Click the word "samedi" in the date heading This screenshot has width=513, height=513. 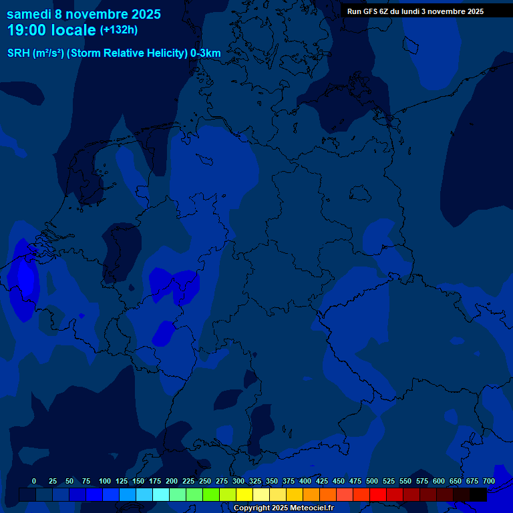[x=29, y=14]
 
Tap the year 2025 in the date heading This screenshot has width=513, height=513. [x=142, y=14]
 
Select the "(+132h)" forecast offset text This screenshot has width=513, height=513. [x=119, y=30]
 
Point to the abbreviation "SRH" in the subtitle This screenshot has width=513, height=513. [x=19, y=53]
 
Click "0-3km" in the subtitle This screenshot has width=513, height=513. [x=206, y=53]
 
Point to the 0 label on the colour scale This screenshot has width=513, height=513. [x=34, y=481]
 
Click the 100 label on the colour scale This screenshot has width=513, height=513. [x=105, y=481]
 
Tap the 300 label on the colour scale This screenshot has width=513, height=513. [x=238, y=481]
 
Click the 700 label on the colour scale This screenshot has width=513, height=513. [x=489, y=481]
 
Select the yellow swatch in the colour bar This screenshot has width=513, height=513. [x=244, y=494]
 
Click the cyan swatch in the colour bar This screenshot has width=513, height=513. [x=161, y=494]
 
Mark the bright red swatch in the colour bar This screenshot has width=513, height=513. [x=378, y=494]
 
